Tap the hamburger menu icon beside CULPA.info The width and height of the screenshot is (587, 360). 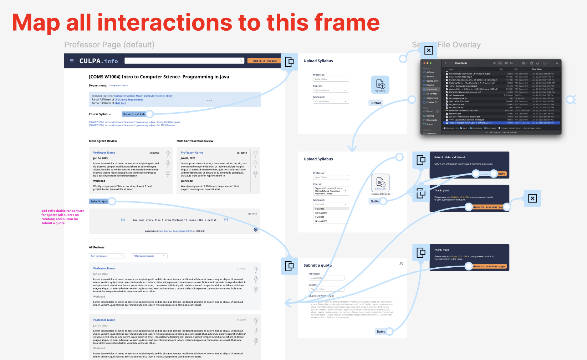point(72,61)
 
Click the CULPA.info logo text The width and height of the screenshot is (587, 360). point(98,61)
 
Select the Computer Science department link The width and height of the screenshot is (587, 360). point(118,86)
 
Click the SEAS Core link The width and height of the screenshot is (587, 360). point(120,103)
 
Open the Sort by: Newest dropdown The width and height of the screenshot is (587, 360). point(107,256)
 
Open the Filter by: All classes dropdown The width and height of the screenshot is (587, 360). point(149,256)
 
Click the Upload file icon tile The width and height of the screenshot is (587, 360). point(380,84)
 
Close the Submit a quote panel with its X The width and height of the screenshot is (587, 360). point(401,263)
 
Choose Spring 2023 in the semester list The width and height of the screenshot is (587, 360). point(321,213)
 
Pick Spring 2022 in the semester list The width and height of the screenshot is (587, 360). point(321,221)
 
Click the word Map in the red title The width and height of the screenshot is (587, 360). point(36,23)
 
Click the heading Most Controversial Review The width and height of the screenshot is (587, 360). point(195,141)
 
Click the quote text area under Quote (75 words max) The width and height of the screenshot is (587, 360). point(352,309)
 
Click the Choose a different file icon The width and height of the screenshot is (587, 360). point(380,183)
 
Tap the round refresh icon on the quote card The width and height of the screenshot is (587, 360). point(255,230)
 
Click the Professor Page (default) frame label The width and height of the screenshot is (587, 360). point(109,45)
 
